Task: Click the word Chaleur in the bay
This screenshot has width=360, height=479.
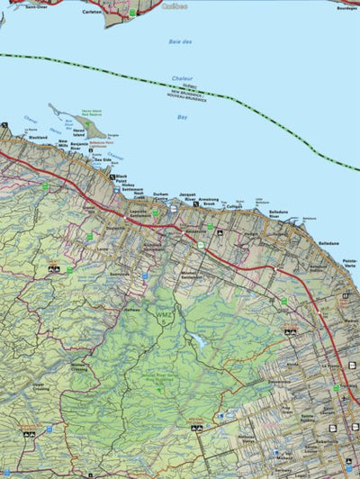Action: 183,79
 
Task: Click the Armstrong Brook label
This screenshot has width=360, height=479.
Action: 212,203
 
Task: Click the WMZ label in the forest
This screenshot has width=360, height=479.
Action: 163,317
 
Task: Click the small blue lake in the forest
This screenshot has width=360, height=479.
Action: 194,340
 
